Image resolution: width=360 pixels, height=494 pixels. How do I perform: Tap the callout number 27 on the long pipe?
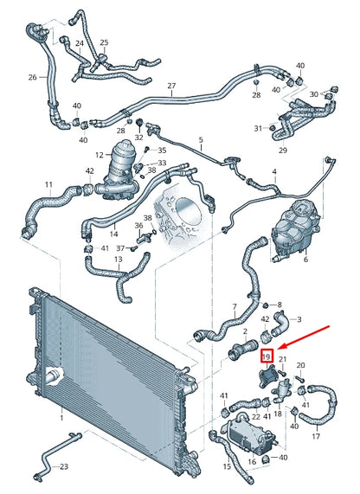(x=171, y=86)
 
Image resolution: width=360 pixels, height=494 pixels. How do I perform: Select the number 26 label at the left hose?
(x=32, y=77)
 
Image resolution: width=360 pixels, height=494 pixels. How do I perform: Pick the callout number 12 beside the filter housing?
(x=100, y=154)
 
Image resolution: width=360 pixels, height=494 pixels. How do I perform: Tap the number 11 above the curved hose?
(x=48, y=184)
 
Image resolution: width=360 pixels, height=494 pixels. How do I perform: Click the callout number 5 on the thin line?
(x=200, y=139)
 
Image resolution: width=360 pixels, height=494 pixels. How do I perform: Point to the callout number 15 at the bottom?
(x=227, y=467)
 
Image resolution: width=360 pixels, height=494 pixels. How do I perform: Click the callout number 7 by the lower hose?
(x=232, y=306)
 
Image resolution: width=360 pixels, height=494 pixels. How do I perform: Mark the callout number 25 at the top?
(x=104, y=42)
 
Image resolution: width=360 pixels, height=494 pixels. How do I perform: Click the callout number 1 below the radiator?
(x=61, y=417)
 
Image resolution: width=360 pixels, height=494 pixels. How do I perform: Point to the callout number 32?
(x=139, y=138)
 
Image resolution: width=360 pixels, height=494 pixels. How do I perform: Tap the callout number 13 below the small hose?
(x=119, y=258)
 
